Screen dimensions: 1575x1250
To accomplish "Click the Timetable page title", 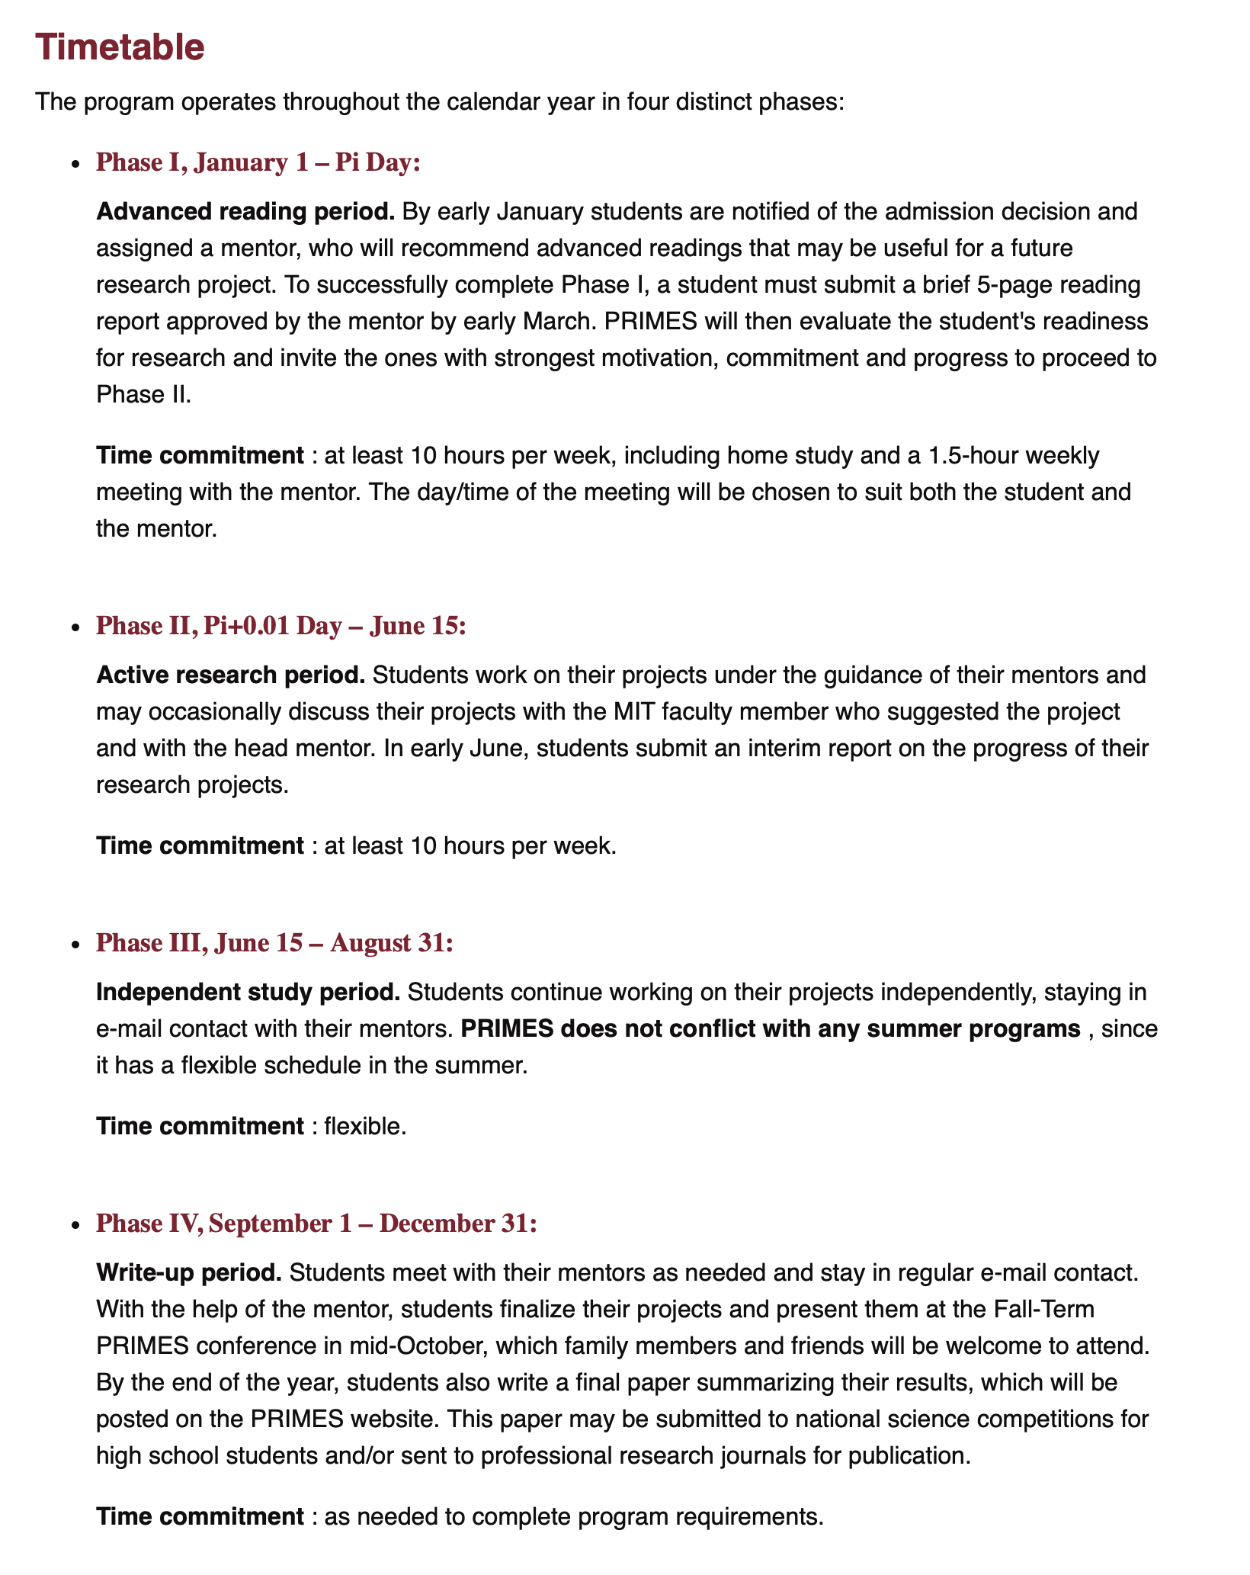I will coord(120,48).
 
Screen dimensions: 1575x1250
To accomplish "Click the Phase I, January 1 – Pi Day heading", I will coord(258,163).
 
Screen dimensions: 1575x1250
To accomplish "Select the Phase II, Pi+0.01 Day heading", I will coord(280,626).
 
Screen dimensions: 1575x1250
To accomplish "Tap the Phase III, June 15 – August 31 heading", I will coord(274,943).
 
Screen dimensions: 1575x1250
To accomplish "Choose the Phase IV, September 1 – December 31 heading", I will coord(317,1224).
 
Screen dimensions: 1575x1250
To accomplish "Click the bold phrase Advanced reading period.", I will coord(245,211).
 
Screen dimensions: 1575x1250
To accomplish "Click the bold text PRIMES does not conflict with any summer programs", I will coord(771,1029).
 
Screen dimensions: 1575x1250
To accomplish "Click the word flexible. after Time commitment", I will coord(365,1126).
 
